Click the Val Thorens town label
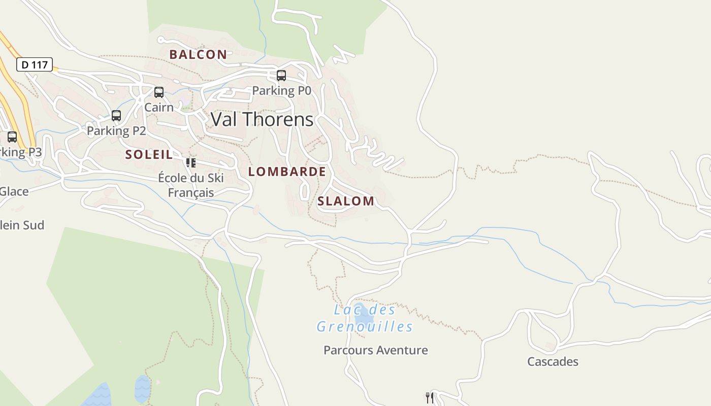click(x=262, y=120)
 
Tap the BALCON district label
click(x=198, y=55)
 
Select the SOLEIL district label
click(x=149, y=155)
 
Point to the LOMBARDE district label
click(x=287, y=172)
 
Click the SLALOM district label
click(x=346, y=201)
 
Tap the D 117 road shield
click(x=35, y=65)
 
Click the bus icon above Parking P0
click(x=281, y=76)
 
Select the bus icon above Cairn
click(x=159, y=92)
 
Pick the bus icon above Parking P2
click(x=116, y=116)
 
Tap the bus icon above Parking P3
click(x=12, y=137)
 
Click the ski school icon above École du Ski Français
click(x=191, y=163)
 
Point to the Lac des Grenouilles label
click(x=365, y=318)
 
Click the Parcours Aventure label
click(x=376, y=350)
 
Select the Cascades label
click(x=553, y=362)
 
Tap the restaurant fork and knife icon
click(x=430, y=397)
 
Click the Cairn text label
click(x=159, y=108)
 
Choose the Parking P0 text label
click(x=281, y=91)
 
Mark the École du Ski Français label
click(x=191, y=185)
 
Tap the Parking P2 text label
click(x=116, y=131)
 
